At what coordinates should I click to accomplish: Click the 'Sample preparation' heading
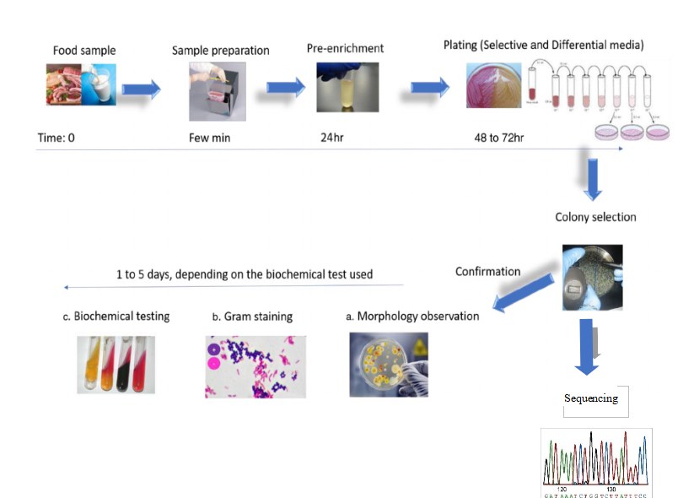pyautogui.click(x=220, y=50)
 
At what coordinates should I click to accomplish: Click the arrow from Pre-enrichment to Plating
pyautogui.click(x=430, y=88)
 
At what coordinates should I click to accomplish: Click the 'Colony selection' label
pyautogui.click(x=595, y=217)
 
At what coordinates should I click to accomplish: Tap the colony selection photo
pyautogui.click(x=592, y=278)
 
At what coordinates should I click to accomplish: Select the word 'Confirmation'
pyautogui.click(x=487, y=271)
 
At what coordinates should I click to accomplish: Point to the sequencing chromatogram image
pyautogui.click(x=595, y=462)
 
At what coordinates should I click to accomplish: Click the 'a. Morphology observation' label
pyautogui.click(x=412, y=317)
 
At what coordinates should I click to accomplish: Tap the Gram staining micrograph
pyautogui.click(x=255, y=365)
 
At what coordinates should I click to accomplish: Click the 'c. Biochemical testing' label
pyautogui.click(x=116, y=317)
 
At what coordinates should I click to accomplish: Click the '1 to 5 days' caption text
pyautogui.click(x=245, y=274)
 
